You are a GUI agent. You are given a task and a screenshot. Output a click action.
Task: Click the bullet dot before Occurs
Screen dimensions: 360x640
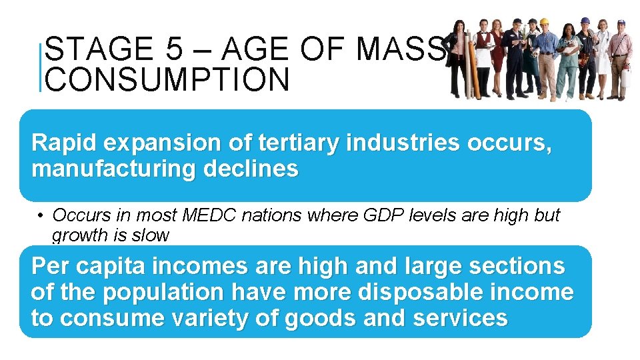tap(41, 216)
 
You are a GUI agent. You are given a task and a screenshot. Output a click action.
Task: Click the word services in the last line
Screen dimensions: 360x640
tap(460, 318)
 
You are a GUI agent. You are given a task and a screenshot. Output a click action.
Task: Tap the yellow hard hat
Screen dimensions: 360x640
tap(543, 22)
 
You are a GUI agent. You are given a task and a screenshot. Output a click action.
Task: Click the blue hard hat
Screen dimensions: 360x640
tap(585, 21)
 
